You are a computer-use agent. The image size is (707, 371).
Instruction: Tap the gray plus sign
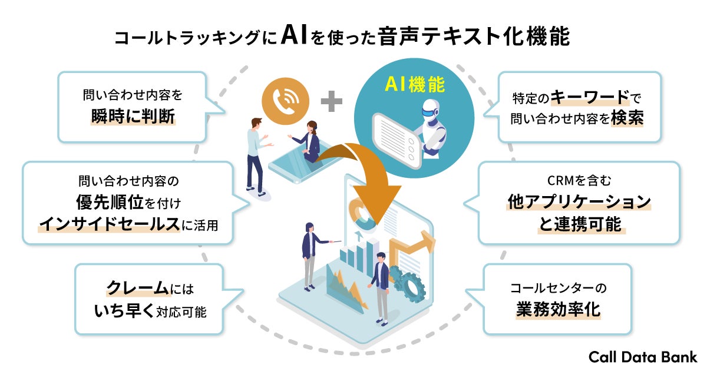332,101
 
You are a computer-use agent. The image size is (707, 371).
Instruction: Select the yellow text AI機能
415,85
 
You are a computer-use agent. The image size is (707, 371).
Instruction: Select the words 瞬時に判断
133,117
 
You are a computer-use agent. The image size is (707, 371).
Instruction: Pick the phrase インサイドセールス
109,224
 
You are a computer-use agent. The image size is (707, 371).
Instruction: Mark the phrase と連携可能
580,224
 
